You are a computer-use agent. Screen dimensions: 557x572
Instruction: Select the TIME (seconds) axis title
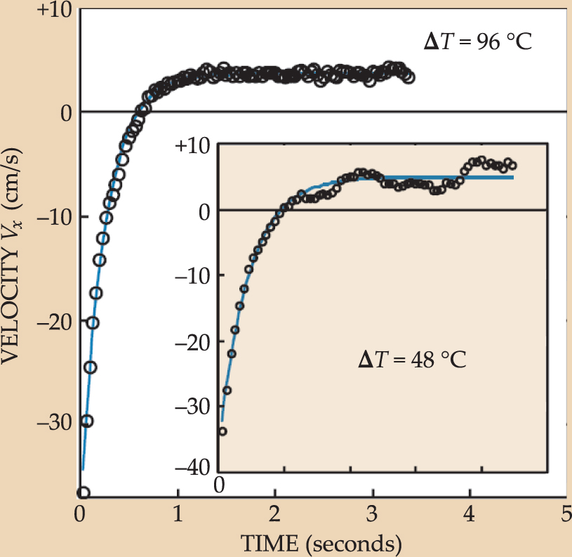pyautogui.click(x=322, y=542)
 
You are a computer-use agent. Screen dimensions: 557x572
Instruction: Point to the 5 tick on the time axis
pyautogui.click(x=566, y=516)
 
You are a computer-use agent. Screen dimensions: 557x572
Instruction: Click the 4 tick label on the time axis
pyautogui.click(x=468, y=516)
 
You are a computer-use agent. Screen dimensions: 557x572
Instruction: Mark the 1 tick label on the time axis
pyautogui.click(x=178, y=516)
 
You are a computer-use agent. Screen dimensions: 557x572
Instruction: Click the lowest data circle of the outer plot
pyautogui.click(x=84, y=492)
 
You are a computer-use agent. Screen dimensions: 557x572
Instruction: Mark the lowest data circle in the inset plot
pyautogui.click(x=222, y=431)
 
